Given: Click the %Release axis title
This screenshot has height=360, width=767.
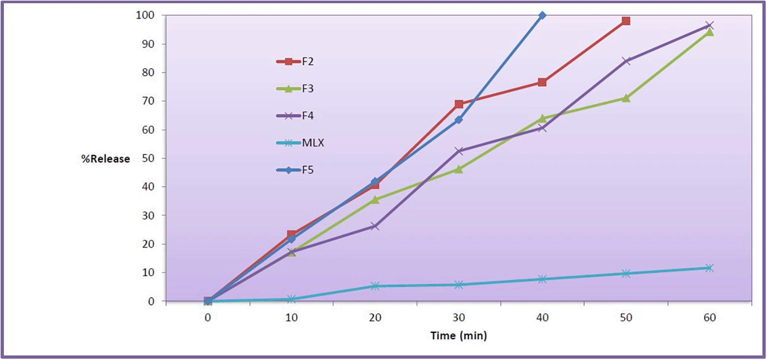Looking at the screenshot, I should click(106, 159).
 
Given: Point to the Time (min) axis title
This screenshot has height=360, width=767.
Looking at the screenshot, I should click(459, 336).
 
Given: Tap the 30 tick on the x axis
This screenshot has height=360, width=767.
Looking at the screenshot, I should click(459, 318).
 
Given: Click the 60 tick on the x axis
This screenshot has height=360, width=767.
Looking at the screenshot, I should click(709, 318).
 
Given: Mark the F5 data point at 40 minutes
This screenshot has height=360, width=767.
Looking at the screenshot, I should click(542, 16).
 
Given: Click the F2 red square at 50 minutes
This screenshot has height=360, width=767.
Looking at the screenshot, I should click(626, 21).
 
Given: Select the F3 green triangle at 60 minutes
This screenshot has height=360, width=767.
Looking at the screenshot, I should click(709, 32).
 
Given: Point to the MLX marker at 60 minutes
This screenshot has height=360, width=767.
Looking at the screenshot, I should click(709, 268).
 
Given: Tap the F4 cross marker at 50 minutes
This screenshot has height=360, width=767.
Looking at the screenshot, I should click(626, 61).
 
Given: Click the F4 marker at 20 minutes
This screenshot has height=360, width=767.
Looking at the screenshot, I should click(375, 226).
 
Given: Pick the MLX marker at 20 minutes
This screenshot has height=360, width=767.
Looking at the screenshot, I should click(375, 286).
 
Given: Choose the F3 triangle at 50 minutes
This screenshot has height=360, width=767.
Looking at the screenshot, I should click(626, 98).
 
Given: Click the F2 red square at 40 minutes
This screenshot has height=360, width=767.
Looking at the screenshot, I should click(542, 82).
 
